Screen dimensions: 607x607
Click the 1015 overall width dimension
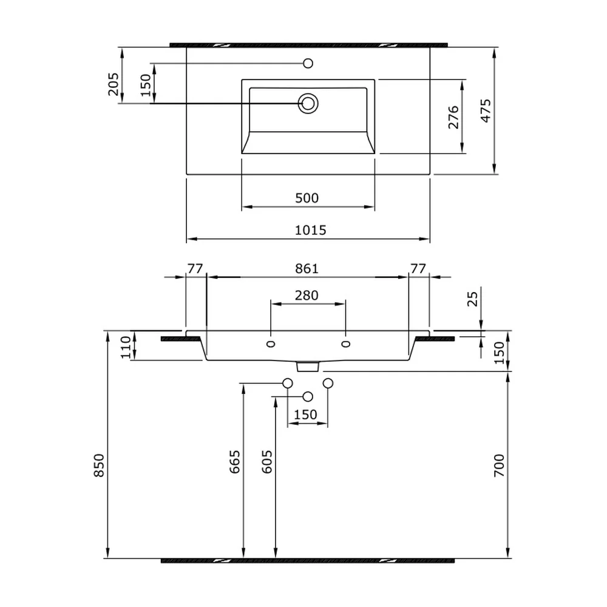pyautogui.click(x=310, y=230)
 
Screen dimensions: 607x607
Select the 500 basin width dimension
pyautogui.click(x=307, y=198)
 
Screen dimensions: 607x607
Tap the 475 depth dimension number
pyautogui.click(x=486, y=110)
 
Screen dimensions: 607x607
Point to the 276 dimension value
pyautogui.click(x=453, y=117)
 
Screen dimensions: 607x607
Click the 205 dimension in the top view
pyautogui.click(x=114, y=84)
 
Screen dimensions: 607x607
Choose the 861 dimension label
pyautogui.click(x=307, y=269)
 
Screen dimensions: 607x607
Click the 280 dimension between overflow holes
pyautogui.click(x=307, y=296)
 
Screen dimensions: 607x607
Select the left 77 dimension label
pyautogui.click(x=195, y=269)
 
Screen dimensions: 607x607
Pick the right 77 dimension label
pyautogui.click(x=418, y=269)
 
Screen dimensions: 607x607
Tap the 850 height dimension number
pyautogui.click(x=99, y=466)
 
